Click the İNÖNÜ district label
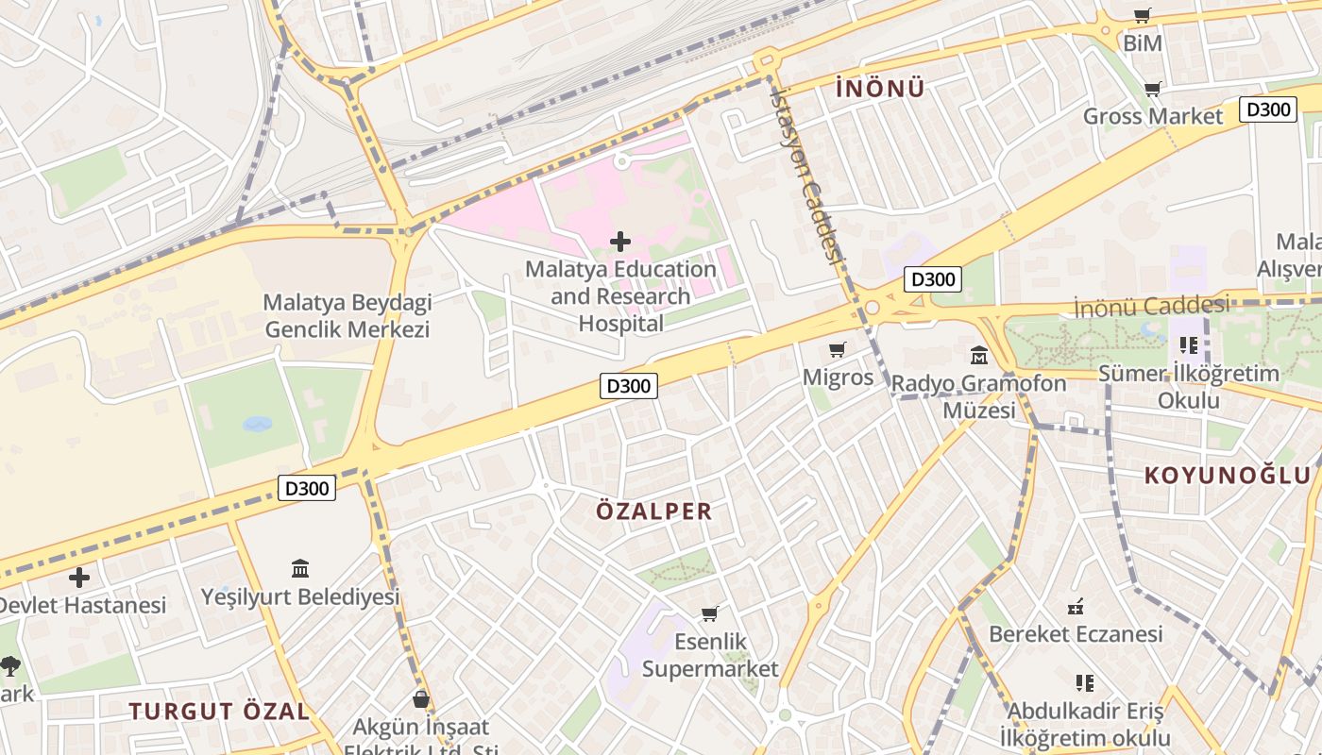click(880, 89)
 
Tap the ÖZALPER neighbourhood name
click(653, 512)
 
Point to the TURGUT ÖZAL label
click(219, 712)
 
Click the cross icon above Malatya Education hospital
click(620, 242)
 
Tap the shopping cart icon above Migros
click(837, 350)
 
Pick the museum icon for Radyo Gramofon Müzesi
click(979, 357)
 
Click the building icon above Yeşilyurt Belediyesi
click(300, 568)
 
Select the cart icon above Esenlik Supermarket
click(710, 613)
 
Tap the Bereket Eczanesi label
click(1076, 634)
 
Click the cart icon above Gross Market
click(1152, 90)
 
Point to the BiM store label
click(1142, 43)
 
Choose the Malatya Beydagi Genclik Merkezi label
click(347, 316)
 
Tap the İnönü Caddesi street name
click(1151, 306)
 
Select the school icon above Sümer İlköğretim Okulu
click(1188, 345)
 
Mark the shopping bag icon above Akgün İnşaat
click(421, 699)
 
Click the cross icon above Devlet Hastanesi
click(79, 577)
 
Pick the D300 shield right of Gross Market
click(1267, 109)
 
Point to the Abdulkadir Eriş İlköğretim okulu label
click(1085, 724)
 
